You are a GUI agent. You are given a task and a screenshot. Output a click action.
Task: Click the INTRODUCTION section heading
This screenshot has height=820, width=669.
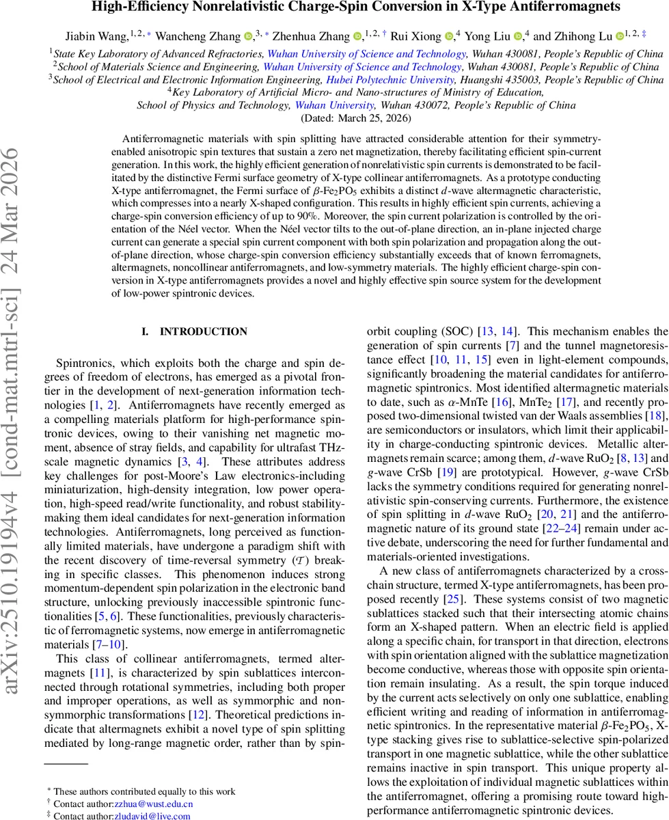(x=203, y=332)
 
